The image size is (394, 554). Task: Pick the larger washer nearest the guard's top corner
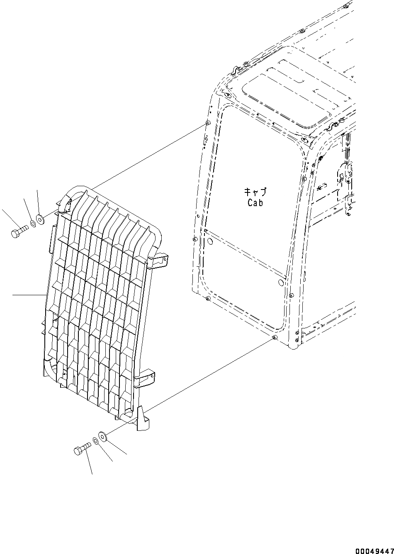40,219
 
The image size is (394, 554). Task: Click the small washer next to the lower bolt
95,441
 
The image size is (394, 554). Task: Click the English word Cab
255,203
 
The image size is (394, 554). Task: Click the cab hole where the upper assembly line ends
207,123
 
